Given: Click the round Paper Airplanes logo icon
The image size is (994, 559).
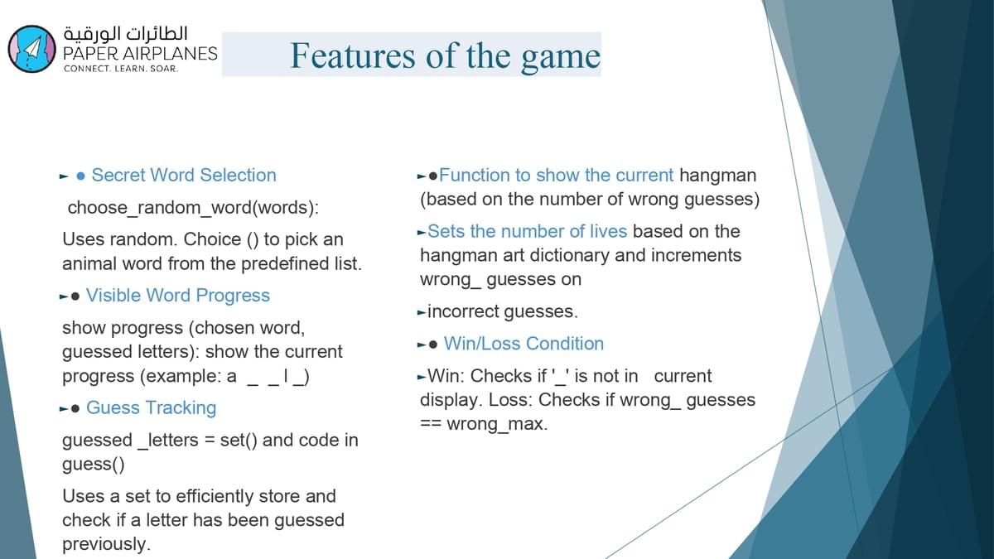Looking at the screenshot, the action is coord(32,49).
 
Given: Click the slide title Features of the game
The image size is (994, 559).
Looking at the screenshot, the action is coord(445,56).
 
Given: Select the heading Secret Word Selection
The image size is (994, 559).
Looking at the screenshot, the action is coord(184,176).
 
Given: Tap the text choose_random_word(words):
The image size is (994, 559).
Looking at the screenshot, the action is coord(193,208).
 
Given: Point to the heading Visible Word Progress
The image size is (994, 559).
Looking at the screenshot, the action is coord(177,296).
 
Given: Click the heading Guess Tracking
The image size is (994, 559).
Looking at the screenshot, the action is coord(151,407).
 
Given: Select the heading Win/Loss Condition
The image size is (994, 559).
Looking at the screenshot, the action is coord(524,344).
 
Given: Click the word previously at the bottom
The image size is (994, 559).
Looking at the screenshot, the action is coord(106,544).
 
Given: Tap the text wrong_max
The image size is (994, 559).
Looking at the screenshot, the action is coord(497,424).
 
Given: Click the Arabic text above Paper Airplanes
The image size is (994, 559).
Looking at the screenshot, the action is coord(126,34).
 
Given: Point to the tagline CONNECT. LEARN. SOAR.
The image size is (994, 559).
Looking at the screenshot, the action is coord(121,69).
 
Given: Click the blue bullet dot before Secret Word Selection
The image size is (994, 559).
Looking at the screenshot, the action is coord(81,176).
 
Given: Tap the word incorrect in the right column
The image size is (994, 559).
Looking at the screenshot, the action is coord(463,311).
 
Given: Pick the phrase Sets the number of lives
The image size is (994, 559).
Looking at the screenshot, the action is coord(527,232).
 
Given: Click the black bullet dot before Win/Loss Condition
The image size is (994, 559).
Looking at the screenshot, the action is coord(433,345).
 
